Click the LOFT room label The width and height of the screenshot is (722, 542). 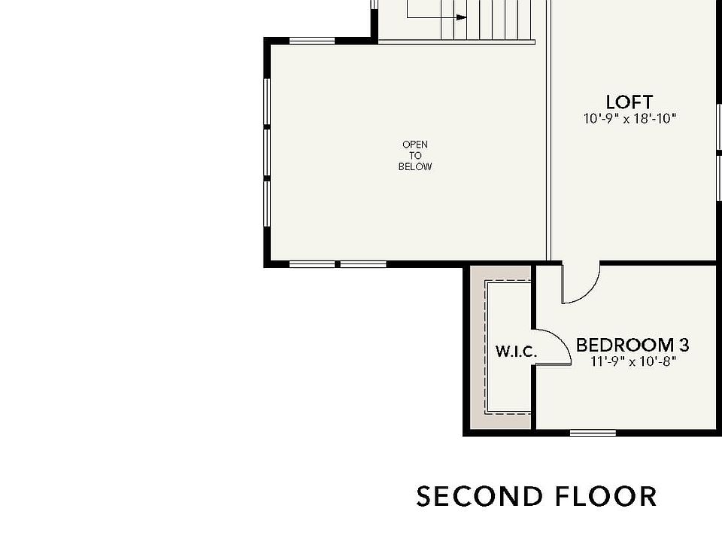click(x=629, y=102)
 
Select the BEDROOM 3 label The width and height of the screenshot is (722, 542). click(x=632, y=346)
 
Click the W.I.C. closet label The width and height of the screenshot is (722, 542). click(x=516, y=352)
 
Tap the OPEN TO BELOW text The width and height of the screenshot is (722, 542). click(x=415, y=155)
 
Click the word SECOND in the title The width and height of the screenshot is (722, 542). click(x=479, y=497)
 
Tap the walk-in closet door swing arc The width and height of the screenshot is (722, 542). click(x=555, y=346)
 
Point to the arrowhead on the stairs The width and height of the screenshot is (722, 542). click(x=461, y=17)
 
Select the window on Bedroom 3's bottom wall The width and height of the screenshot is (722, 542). click(x=593, y=432)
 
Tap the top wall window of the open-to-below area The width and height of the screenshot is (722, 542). click(x=311, y=41)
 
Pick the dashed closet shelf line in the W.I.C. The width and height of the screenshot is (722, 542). click(x=487, y=346)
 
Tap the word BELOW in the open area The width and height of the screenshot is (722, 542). click(x=415, y=166)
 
